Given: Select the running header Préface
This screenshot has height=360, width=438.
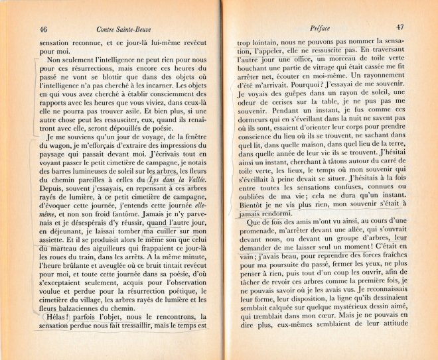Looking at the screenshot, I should pos(321,28).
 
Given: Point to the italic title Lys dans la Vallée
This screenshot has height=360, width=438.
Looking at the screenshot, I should pos(177,180).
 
